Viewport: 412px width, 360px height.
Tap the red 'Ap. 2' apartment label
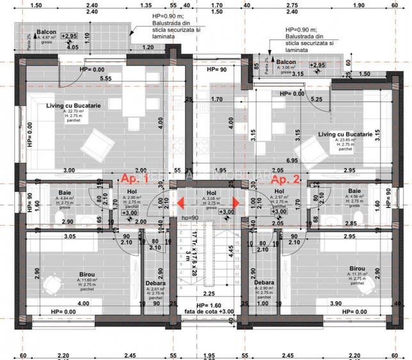[x=286, y=180]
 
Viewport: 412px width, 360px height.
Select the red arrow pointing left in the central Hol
[x=181, y=203]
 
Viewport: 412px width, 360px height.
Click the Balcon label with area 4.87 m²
[x=46, y=32]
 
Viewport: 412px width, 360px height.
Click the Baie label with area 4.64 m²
[x=65, y=192]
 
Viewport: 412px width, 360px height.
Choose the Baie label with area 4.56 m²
[x=354, y=192]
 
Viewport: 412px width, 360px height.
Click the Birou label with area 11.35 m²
[x=358, y=269]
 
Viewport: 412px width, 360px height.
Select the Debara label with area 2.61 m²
[x=155, y=283]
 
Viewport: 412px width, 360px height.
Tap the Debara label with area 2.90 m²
[x=264, y=282]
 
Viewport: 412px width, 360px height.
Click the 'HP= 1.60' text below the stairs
[x=209, y=305]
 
